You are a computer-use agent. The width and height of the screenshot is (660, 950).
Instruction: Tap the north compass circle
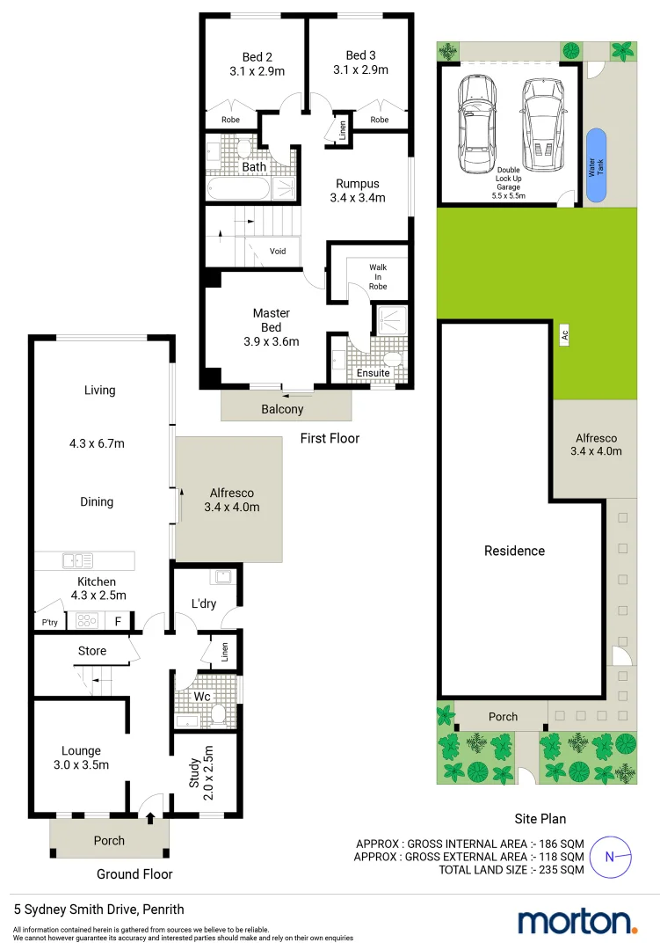[610, 856]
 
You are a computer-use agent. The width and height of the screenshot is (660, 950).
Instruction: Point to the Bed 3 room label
[360, 62]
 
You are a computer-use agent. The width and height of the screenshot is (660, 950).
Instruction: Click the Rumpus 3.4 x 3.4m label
[357, 191]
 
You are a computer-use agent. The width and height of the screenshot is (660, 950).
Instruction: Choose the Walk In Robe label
[378, 276]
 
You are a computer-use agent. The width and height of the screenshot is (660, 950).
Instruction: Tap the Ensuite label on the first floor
[373, 373]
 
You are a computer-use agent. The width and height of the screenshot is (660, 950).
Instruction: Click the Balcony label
[282, 409]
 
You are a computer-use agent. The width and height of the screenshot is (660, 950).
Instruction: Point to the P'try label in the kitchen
[49, 623]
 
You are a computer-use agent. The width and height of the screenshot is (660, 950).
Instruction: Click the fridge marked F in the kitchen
[118, 621]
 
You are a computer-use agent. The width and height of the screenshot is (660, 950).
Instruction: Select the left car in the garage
[475, 124]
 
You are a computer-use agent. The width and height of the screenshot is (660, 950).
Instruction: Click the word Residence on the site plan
[514, 551]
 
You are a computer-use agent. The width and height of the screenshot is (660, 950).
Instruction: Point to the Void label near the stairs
[278, 251]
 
